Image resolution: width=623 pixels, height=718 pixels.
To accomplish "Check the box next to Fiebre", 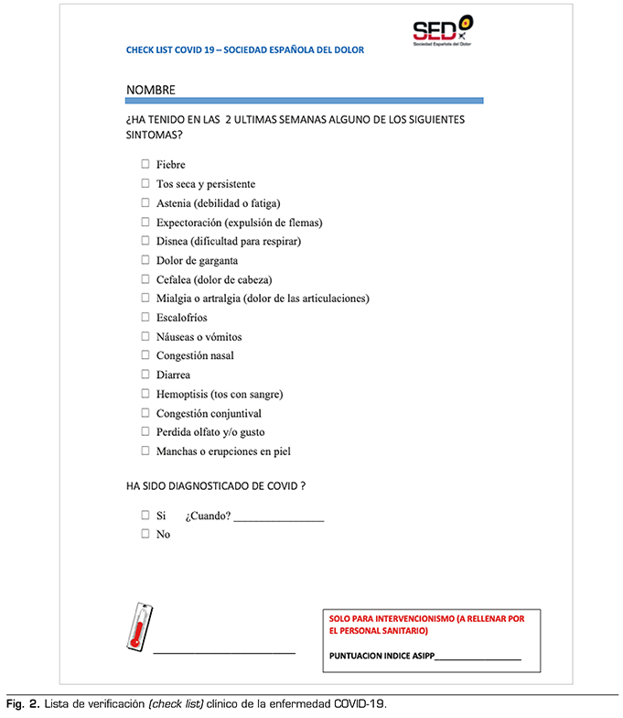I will pos(145,165).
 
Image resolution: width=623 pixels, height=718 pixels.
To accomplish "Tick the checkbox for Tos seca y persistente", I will pos(145,183).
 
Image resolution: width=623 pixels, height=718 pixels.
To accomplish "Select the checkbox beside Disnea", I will pos(145,241).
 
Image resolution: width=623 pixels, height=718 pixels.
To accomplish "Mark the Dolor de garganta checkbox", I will pos(145,260).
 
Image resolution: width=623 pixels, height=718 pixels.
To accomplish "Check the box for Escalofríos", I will pos(145,317).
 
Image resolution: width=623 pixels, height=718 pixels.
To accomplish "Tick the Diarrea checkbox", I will pos(145,375).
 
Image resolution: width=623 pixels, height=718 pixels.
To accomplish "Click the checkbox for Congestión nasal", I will pos(145,355).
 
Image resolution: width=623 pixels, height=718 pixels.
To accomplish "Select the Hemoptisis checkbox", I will pos(145,394).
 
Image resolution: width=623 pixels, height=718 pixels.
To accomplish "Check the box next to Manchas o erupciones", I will pos(145,451).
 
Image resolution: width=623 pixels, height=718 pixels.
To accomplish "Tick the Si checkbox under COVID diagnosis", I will pos(145,516).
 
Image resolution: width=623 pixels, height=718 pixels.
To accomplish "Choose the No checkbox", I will pos(145,534).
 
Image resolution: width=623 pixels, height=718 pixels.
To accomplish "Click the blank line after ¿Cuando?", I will pos(279,519).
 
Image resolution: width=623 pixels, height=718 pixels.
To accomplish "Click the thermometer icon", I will pos(139,629).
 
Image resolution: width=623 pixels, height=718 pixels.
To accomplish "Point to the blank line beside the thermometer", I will pos(224,652).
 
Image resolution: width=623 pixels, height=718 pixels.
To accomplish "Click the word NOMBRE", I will pos(151,90).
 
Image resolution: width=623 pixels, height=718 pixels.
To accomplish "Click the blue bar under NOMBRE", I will pos(305,100).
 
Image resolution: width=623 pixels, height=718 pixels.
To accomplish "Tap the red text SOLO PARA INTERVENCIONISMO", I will pos(426,620).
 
